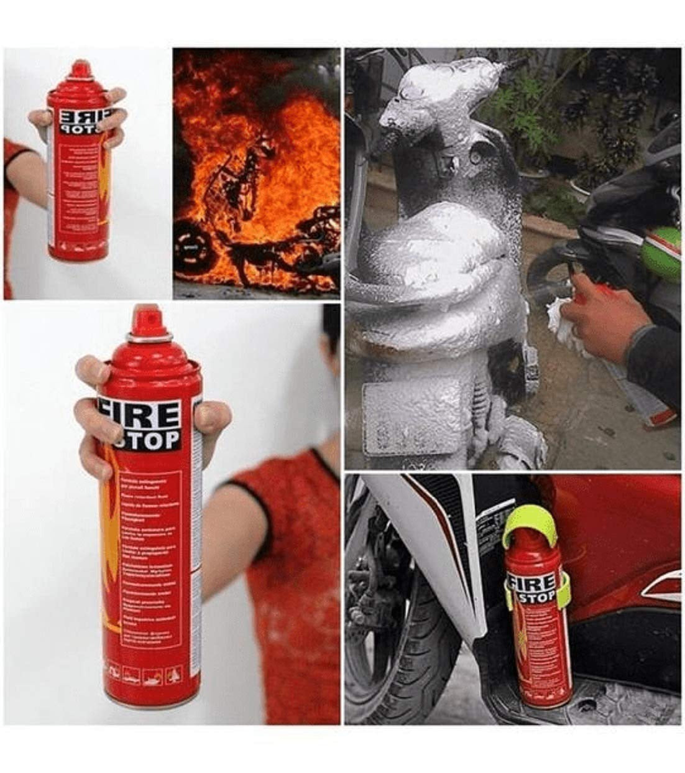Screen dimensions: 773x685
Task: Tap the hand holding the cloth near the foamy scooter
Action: [597, 317]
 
